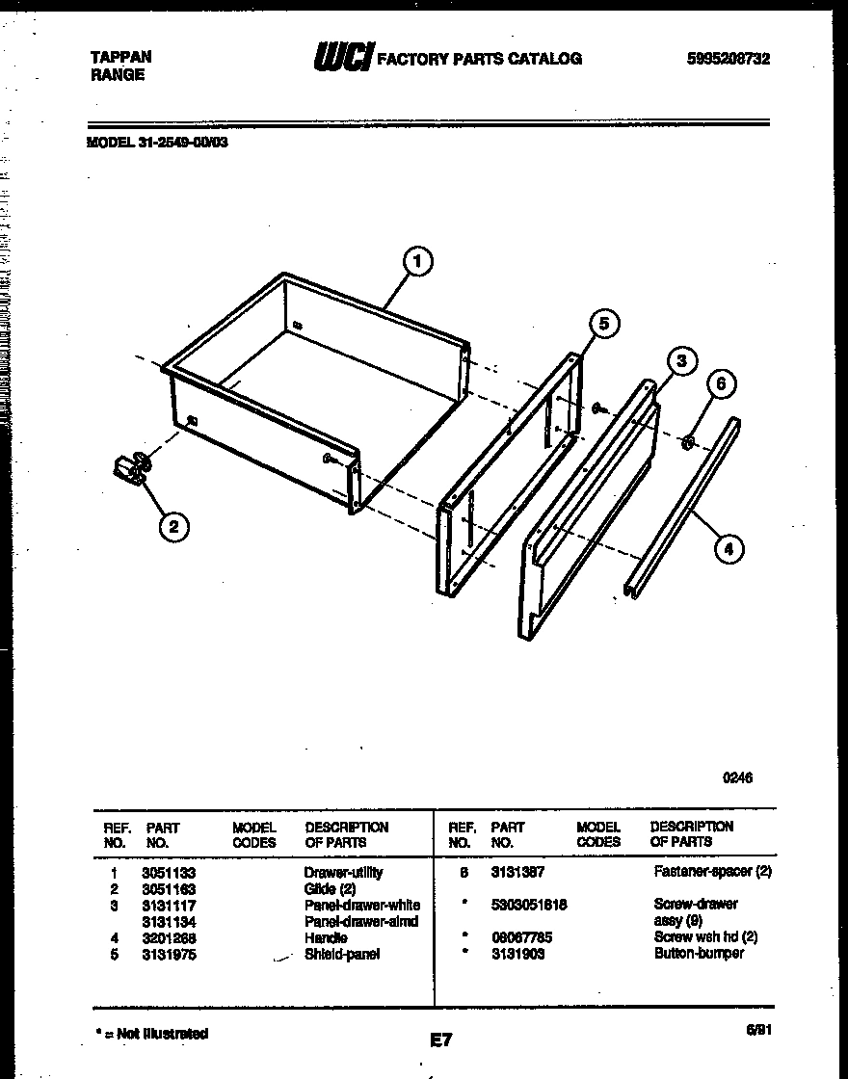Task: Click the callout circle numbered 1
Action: point(417,261)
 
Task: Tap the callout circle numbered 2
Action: point(172,526)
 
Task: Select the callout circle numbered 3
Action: point(680,361)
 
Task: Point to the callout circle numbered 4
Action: point(728,550)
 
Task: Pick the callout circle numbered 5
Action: point(603,324)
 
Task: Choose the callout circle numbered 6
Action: point(722,384)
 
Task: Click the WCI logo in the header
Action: point(342,59)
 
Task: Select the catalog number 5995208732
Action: point(729,59)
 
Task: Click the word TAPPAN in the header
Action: point(121,57)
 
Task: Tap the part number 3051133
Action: point(169,872)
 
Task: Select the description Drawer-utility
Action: point(344,872)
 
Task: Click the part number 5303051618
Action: point(529,905)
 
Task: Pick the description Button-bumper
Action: point(699,953)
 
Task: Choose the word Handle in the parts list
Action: point(326,937)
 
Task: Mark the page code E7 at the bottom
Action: point(440,1040)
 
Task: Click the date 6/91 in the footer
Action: point(758,1030)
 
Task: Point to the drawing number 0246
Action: point(737,778)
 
